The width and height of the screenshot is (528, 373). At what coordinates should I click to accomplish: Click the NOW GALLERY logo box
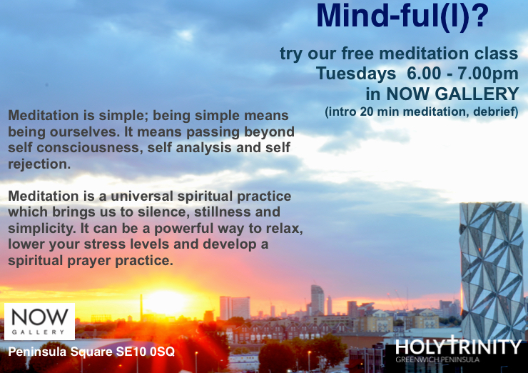(x=39, y=321)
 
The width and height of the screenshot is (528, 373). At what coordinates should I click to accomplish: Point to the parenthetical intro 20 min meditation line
(x=421, y=112)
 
